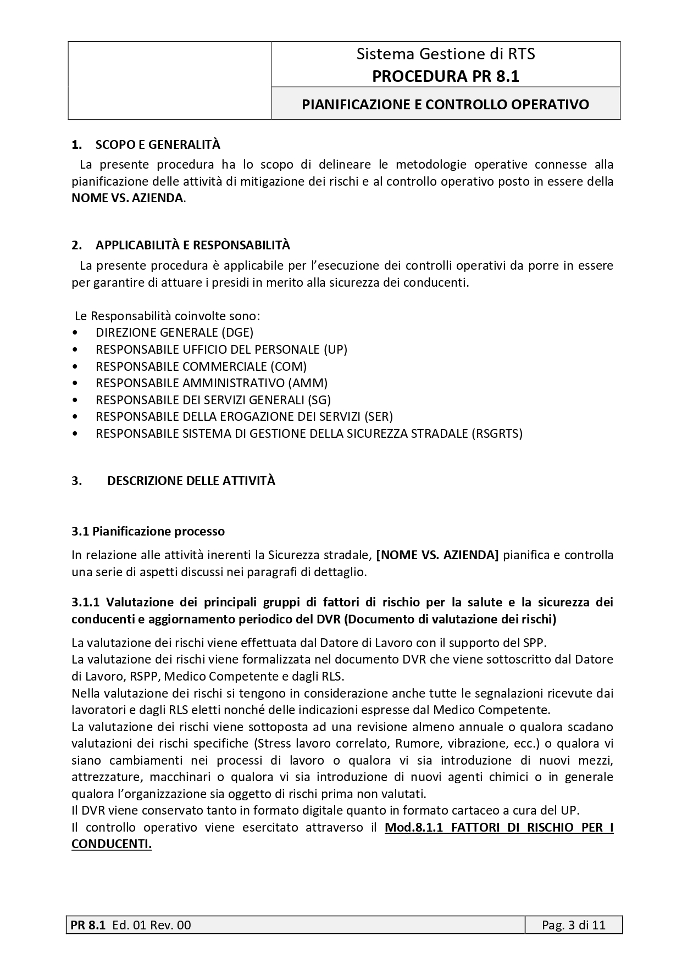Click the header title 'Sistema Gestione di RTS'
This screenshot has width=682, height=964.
coord(445,54)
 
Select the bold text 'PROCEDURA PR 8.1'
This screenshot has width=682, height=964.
coord(445,76)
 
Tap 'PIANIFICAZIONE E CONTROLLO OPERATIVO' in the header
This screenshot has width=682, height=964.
coord(445,104)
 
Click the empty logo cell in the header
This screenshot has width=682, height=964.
coord(169,80)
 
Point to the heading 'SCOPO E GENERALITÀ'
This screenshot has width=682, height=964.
coord(158,144)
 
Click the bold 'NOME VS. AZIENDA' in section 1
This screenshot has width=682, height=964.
coord(127,198)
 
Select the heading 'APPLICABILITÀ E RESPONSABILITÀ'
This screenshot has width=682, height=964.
coord(192,244)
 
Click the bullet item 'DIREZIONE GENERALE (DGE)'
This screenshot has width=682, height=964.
coord(174,332)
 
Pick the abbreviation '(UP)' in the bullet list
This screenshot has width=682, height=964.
coord(335,349)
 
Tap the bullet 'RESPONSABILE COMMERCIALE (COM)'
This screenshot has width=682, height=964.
coord(201,366)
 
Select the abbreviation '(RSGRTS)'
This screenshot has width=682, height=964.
coord(497,433)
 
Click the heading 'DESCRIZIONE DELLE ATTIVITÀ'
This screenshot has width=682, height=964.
coord(191,481)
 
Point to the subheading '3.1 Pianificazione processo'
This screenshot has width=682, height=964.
coord(148,531)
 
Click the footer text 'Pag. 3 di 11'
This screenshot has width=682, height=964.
coord(573,925)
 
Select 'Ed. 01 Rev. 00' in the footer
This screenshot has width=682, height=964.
coord(151,925)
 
